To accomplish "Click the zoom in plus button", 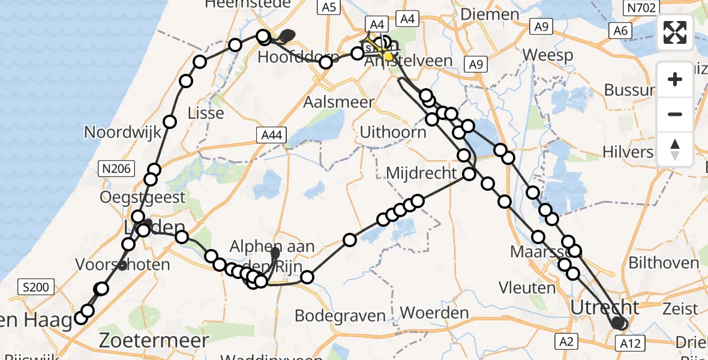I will click(x=675, y=79).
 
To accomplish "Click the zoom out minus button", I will click(x=675, y=114).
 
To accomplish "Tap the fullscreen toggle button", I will click(x=675, y=32).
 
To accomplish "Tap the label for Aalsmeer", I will click(x=338, y=101).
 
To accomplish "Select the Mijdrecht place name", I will click(x=421, y=173).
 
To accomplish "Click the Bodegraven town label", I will click(x=340, y=316).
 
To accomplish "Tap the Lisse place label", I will click(x=206, y=113).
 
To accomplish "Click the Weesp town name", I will click(x=547, y=55).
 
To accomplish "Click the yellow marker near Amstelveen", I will click(x=388, y=57).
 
